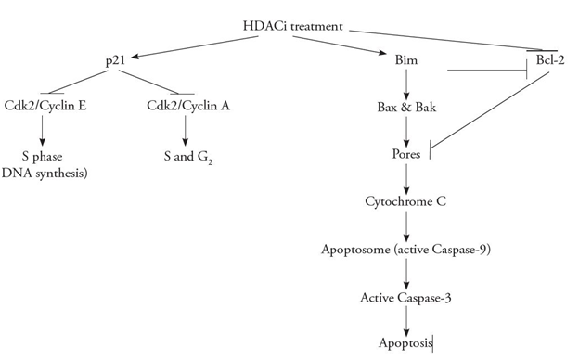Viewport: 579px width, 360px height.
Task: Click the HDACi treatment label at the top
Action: pos(303,27)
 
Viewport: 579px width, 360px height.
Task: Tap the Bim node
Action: pos(405,61)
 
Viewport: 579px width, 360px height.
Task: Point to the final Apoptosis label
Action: pos(405,343)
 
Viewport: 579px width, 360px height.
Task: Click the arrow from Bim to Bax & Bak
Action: pos(405,85)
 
